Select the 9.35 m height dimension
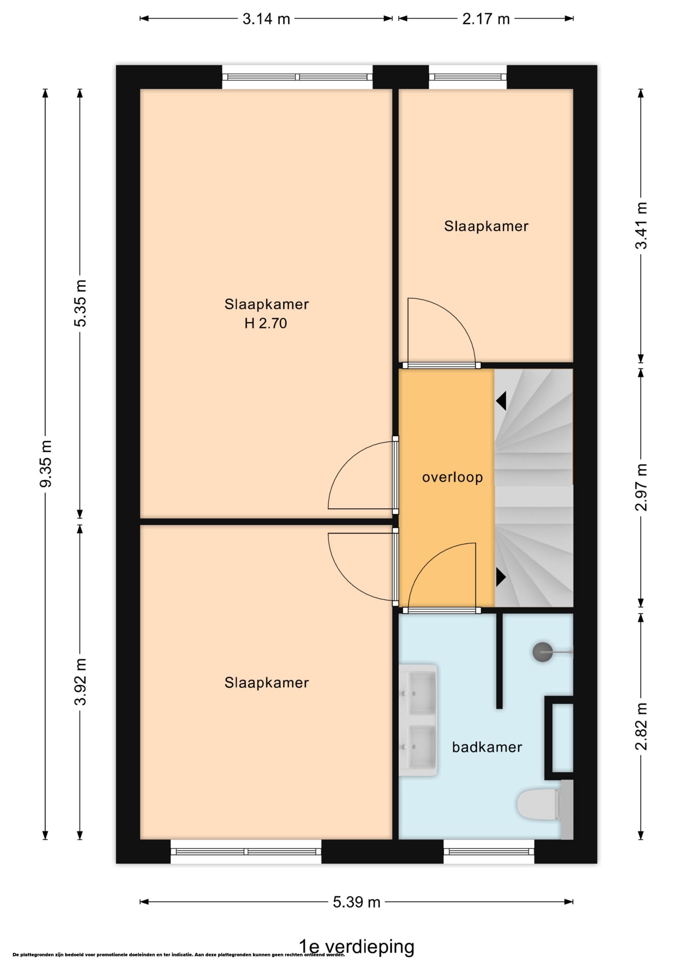click(x=45, y=463)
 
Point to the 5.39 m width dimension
click(x=356, y=902)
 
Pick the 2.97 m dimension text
click(x=641, y=487)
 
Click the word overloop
click(x=452, y=477)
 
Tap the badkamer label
click(x=487, y=747)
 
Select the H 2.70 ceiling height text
click(x=266, y=323)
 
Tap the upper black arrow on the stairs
click(x=501, y=401)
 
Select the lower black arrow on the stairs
click(x=501, y=577)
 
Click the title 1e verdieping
click(x=356, y=947)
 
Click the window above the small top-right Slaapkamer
click(x=468, y=77)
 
